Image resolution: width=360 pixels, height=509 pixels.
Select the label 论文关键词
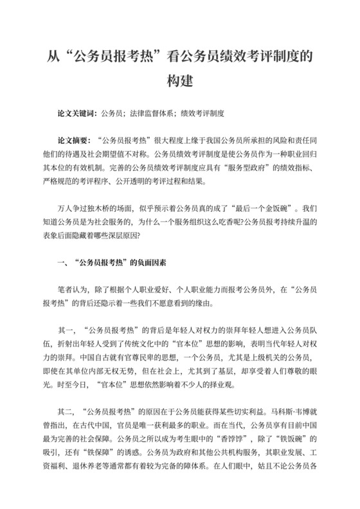tap(76, 114)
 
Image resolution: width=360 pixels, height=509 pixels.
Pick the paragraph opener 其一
tap(65, 330)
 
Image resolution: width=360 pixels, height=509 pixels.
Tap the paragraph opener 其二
tap(65, 411)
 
